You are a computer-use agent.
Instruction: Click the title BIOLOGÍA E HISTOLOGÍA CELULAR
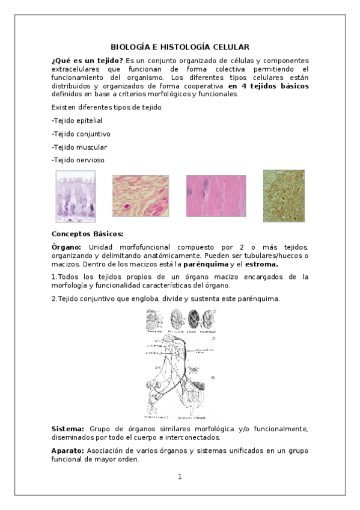point(180,47)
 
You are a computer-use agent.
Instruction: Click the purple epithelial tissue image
point(76,194)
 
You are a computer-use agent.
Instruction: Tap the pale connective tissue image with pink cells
point(141,196)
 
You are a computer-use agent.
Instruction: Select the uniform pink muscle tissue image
point(216,196)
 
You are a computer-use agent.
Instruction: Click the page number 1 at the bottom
point(180,477)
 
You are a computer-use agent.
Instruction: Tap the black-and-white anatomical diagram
point(180,363)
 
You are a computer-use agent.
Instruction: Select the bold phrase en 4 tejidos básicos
point(269,85)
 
